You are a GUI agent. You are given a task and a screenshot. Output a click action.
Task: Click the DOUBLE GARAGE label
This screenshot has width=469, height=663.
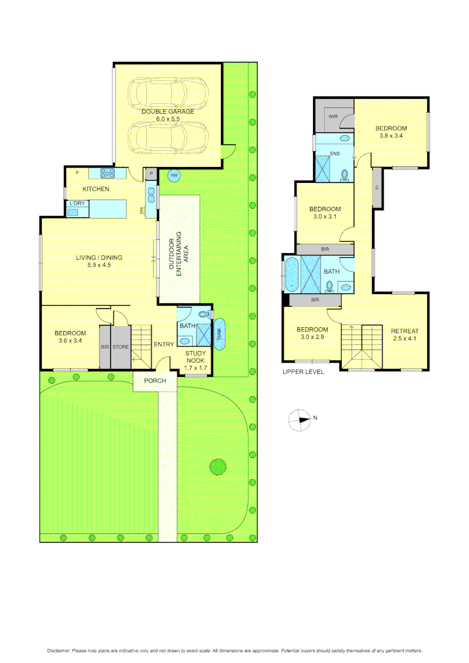pyautogui.click(x=168, y=111)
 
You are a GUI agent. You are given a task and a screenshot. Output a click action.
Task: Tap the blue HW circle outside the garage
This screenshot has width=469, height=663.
pyautogui.click(x=174, y=176)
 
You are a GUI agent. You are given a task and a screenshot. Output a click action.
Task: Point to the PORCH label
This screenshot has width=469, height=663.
pyautogui.click(x=155, y=380)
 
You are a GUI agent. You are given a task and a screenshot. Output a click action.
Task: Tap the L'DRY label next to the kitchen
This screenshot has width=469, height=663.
pyautogui.click(x=77, y=203)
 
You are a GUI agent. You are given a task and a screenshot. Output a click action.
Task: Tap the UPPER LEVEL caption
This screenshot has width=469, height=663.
pyautogui.click(x=303, y=372)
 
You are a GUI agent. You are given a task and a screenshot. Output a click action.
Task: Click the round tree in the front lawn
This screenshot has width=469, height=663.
pyautogui.click(x=217, y=467)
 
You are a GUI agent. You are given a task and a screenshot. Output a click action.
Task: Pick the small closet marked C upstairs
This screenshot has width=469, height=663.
pyautogui.click(x=377, y=187)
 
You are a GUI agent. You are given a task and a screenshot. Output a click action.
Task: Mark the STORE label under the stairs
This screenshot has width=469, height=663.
pyautogui.click(x=120, y=347)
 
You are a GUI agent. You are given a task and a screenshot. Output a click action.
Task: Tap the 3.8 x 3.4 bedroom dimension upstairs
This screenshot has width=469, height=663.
pyautogui.click(x=391, y=136)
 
